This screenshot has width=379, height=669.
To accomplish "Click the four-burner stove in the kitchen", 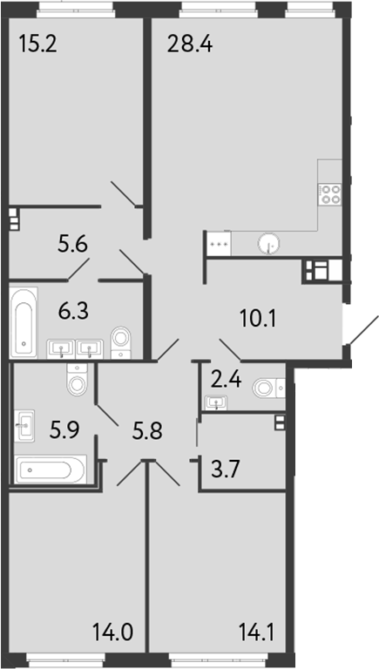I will pos(331,193).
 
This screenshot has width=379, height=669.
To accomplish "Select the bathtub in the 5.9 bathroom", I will pos(50,470).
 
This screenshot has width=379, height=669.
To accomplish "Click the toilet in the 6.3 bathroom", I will pos(121,339).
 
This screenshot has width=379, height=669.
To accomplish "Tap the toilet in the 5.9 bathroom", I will pos(78,381).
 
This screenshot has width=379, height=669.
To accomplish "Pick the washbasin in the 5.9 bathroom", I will pos(24,427).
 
